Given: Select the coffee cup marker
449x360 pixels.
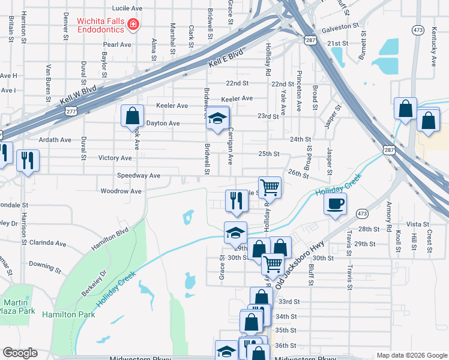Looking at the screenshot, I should [335, 203].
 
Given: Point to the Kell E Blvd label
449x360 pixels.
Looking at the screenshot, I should [225, 58].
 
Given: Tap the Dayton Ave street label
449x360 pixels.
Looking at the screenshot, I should [163, 123].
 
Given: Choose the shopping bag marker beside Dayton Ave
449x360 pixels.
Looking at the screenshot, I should [133, 116].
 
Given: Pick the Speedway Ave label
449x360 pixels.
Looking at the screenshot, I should [139, 175].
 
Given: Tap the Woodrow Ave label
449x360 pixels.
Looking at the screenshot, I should [121, 191].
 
